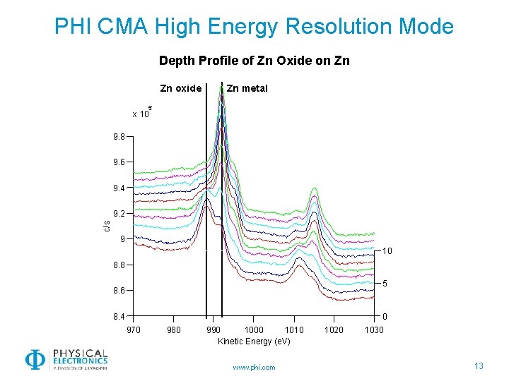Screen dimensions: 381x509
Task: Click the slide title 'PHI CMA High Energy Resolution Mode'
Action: pyautogui.click(x=254, y=27)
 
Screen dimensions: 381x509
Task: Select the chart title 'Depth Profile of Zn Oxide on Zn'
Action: pyautogui.click(x=254, y=61)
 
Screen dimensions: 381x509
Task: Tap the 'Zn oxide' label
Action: pyautogui.click(x=181, y=88)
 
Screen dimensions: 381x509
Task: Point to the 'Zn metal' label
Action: pyautogui.click(x=247, y=88)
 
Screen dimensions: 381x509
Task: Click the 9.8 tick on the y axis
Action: pyautogui.click(x=119, y=137)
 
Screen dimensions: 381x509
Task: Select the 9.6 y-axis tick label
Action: pyautogui.click(x=119, y=162)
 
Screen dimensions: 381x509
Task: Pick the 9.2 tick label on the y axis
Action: pyautogui.click(x=119, y=213)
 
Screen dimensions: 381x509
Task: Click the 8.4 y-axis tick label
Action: pyautogui.click(x=119, y=316)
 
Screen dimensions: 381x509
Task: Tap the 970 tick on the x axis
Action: pyautogui.click(x=133, y=329)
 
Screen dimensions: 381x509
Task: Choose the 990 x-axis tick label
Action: pyautogui.click(x=213, y=329)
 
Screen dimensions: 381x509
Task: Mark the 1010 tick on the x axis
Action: pyautogui.click(x=293, y=329)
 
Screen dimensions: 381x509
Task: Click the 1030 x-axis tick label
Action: pyautogui.click(x=374, y=329)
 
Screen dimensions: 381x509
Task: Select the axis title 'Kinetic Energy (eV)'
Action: pyautogui.click(x=254, y=341)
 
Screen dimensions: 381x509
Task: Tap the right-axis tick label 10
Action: pyautogui.click(x=387, y=251)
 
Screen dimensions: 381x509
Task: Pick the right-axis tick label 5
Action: pyautogui.click(x=386, y=284)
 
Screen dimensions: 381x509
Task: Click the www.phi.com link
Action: pyautogui.click(x=254, y=367)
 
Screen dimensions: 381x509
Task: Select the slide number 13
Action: pyautogui.click(x=479, y=365)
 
